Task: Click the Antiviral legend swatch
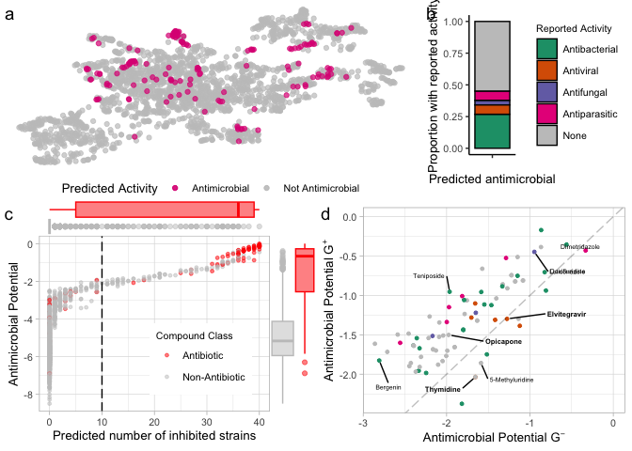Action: click(x=546, y=70)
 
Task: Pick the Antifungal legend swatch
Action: click(x=546, y=92)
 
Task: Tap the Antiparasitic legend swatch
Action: click(x=546, y=114)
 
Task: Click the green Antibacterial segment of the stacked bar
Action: click(x=492, y=132)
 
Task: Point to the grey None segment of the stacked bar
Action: click(x=492, y=56)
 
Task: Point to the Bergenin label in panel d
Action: click(x=388, y=386)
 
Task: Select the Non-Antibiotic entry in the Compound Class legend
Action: click(x=213, y=377)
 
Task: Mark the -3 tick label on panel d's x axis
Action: click(x=363, y=422)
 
